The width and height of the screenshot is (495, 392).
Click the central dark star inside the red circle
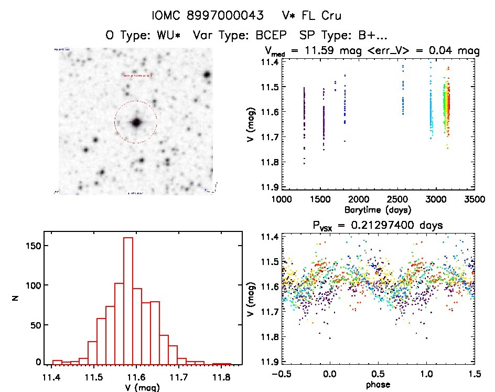point(136,122)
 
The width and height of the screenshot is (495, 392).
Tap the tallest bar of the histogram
point(128,300)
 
